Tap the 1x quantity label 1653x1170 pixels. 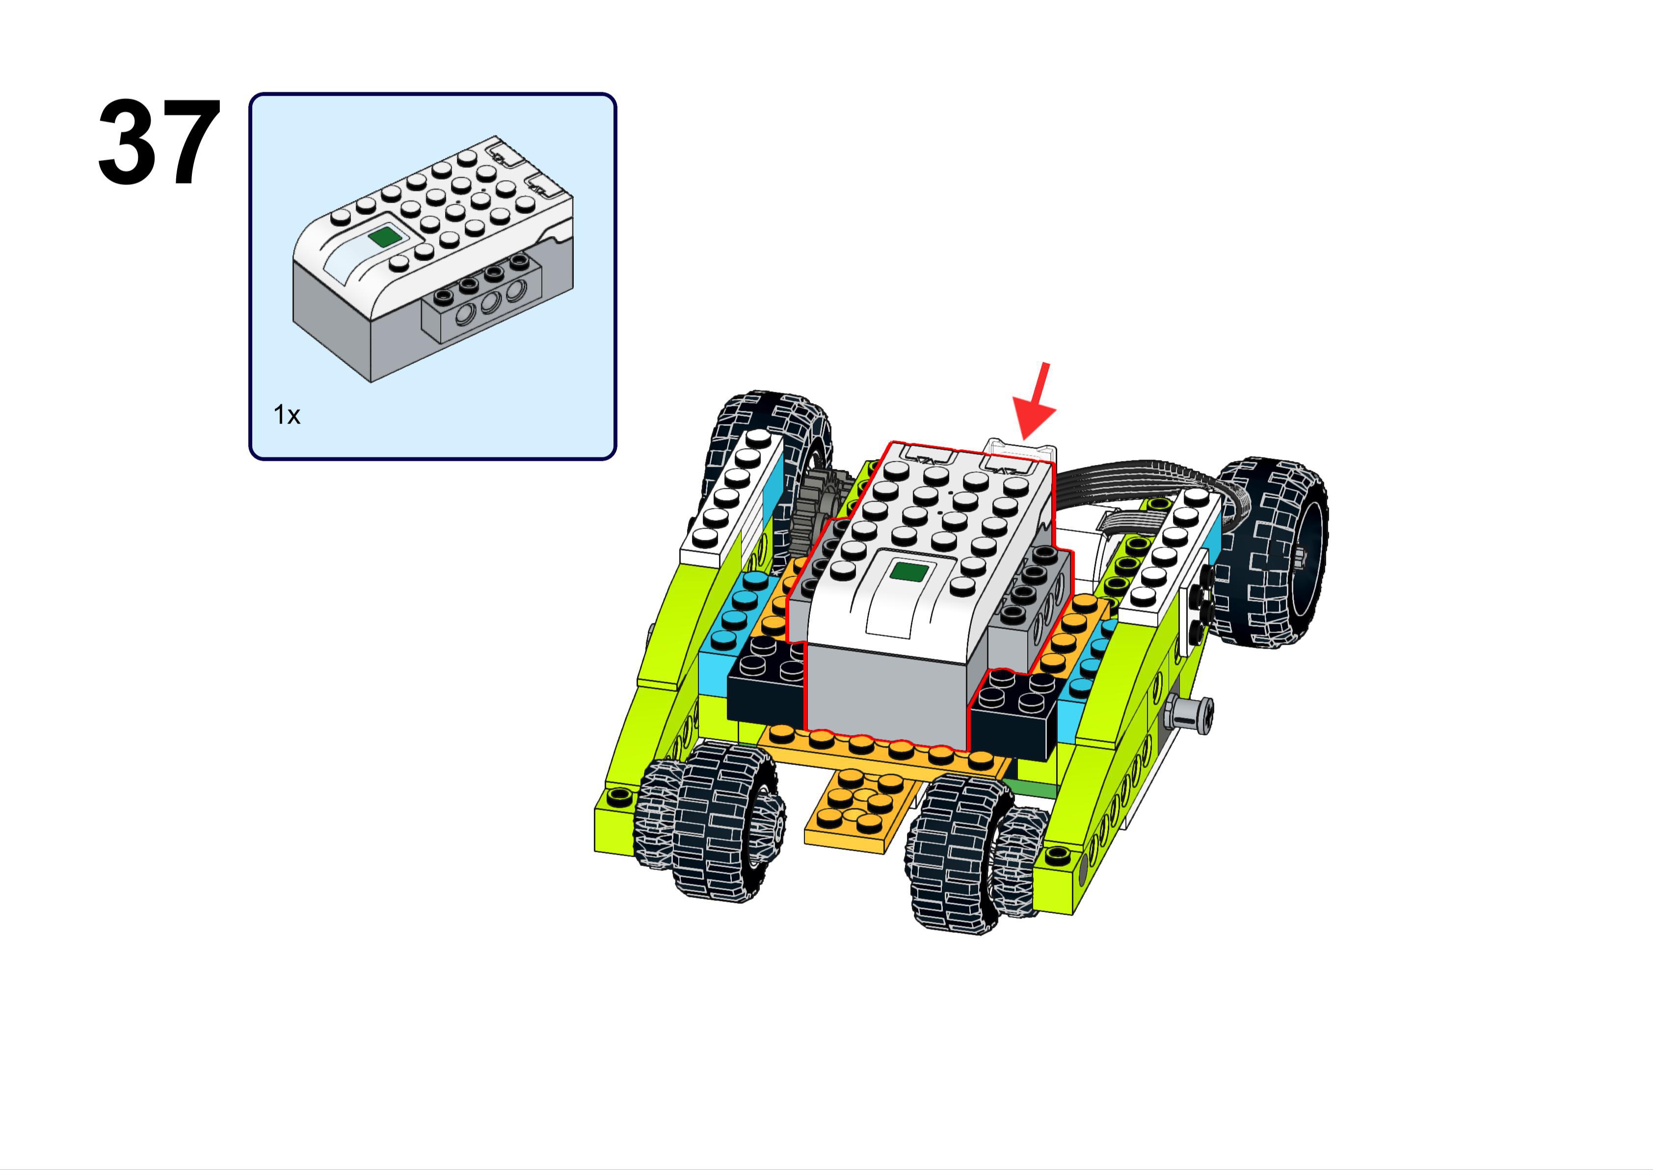point(287,415)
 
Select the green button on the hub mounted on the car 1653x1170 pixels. point(909,573)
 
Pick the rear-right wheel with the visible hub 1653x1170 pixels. point(1275,551)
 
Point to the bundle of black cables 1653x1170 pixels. point(1145,490)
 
